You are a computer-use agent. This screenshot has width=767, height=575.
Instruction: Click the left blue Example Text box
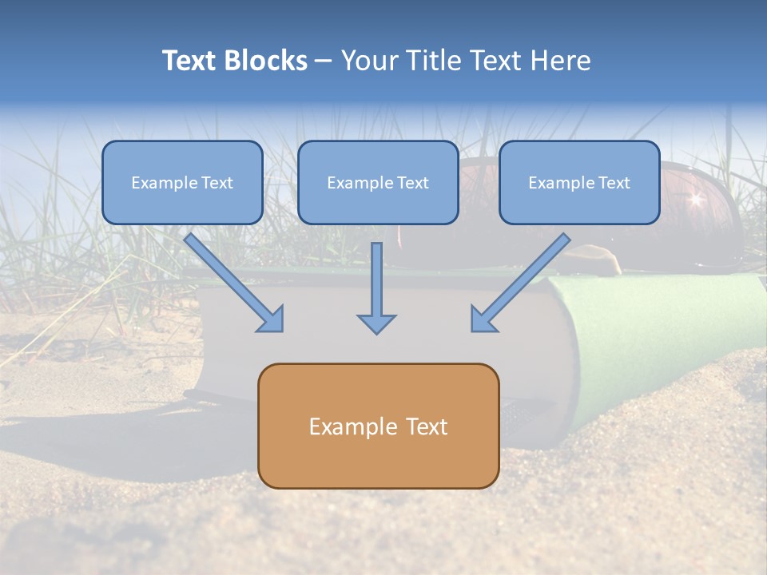pyautogui.click(x=182, y=183)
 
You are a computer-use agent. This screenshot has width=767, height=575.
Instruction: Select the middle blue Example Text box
pyautogui.click(x=378, y=183)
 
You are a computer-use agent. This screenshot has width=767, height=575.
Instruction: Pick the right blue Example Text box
pyautogui.click(x=579, y=183)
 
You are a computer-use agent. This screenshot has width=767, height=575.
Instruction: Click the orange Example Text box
pyautogui.click(x=378, y=426)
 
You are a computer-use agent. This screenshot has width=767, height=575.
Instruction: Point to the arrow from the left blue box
pyautogui.click(x=232, y=280)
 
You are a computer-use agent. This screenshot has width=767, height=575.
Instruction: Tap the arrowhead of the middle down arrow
pyautogui.click(x=376, y=323)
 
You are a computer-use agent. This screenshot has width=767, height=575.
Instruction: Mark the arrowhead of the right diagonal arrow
pyautogui.click(x=482, y=320)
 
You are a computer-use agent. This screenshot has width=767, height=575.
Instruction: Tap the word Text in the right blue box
pyautogui.click(x=614, y=183)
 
